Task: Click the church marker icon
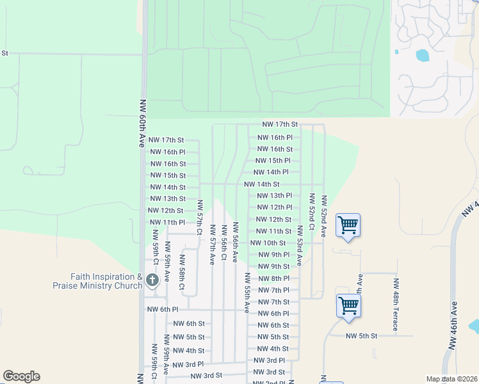[152, 280]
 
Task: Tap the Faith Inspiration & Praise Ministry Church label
[106, 281]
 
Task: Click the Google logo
[21, 376]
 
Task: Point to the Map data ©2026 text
[451, 379]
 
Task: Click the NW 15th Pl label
[273, 161]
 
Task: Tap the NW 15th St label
[168, 175]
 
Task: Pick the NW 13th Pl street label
[274, 196]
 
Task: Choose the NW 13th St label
[168, 199]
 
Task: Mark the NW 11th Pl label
[167, 222]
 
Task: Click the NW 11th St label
[274, 231]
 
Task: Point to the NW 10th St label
[268, 243]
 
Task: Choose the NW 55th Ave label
[247, 292]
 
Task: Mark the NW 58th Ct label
[182, 272]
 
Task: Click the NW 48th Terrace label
[396, 305]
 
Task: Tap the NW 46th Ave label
[455, 325]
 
